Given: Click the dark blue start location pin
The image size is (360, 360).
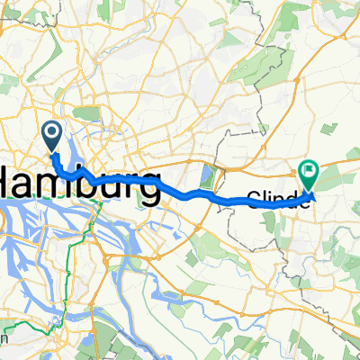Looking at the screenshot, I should [x=52, y=137].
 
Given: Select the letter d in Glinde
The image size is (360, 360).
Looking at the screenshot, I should [x=299, y=201].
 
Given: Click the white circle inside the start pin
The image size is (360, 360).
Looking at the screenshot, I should [x=52, y=134].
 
